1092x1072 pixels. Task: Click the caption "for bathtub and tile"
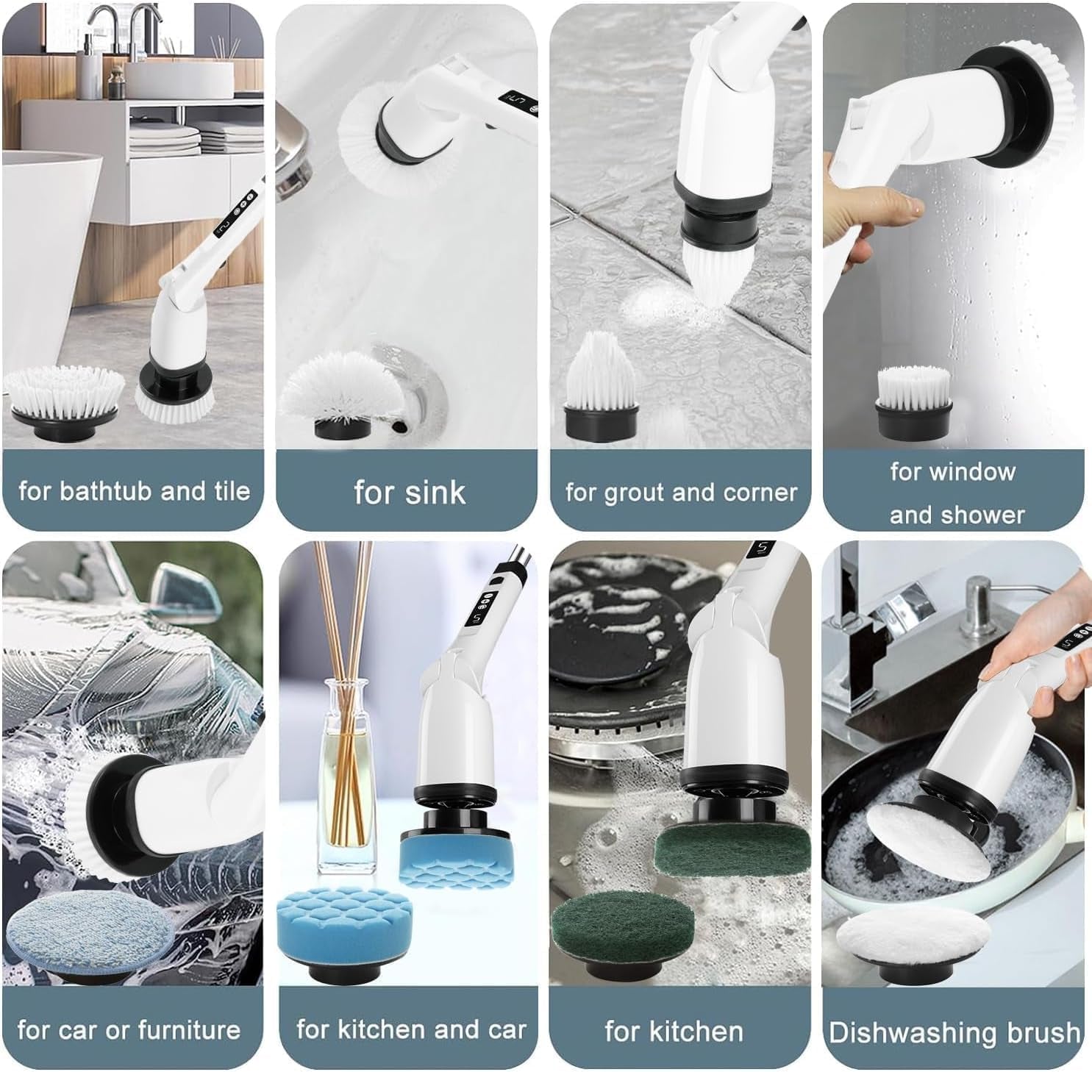[x=133, y=490]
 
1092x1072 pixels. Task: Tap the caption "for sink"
[x=409, y=492]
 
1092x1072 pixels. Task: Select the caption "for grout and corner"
[x=680, y=492]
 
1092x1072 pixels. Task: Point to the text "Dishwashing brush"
[x=954, y=1032]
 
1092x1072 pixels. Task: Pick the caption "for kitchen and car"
[x=410, y=1029]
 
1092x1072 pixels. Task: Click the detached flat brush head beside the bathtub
[x=65, y=401]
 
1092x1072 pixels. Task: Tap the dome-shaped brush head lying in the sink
[x=342, y=397]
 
